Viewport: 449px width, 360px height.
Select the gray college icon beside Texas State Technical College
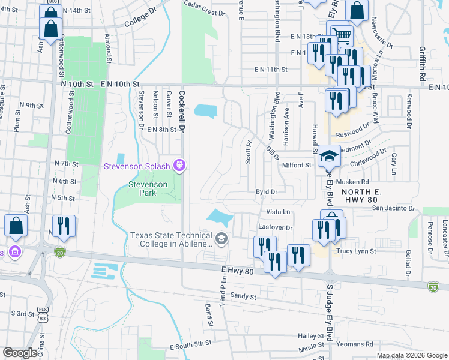[x=221, y=239]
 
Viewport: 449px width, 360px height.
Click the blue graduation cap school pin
[x=328, y=157]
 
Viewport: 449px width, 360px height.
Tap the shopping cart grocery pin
[x=341, y=34]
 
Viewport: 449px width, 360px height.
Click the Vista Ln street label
[x=278, y=212]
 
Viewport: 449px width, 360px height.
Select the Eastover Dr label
[x=275, y=227]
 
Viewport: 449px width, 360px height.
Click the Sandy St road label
[x=243, y=296]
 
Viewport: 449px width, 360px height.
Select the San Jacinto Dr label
[x=394, y=208]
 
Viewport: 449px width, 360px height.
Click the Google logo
[x=20, y=353]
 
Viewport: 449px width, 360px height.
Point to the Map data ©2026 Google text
[x=411, y=355]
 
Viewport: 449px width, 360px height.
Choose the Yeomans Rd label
[x=354, y=344]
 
